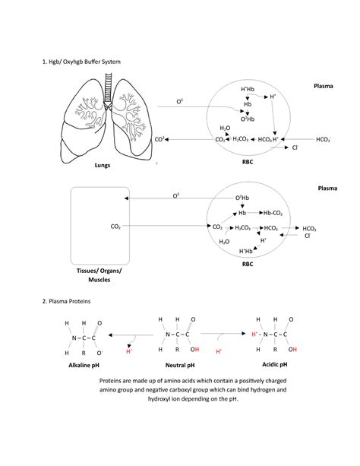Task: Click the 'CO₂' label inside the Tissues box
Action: point(115,226)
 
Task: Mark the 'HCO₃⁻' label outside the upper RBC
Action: point(324,140)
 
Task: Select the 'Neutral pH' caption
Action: point(181,366)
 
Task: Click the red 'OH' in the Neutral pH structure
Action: point(195,350)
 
